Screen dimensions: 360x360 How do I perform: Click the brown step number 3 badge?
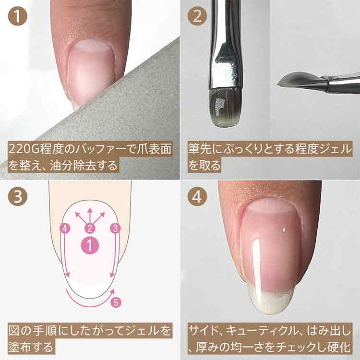tap(18, 196)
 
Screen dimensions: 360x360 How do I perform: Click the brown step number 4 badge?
tap(197, 196)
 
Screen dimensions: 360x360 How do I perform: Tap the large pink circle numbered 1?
tap(90, 245)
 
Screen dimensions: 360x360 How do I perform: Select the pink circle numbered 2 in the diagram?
tap(90, 228)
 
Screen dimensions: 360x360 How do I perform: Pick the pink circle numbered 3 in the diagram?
tap(116, 228)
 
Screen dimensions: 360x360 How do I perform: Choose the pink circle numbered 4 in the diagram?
tap(65, 228)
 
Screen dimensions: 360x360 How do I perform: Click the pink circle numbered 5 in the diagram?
tap(116, 302)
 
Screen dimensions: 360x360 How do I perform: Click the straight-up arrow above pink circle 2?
tap(90, 216)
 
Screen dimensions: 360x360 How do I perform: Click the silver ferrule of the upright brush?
tap(226, 62)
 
